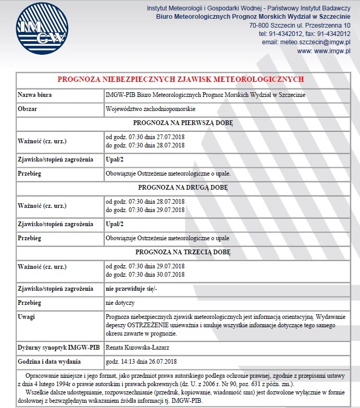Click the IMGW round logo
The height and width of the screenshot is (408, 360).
[41, 29]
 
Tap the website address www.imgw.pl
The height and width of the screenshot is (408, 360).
[331, 51]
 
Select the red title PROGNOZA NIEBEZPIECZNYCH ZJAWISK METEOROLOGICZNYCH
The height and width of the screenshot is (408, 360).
[180, 79]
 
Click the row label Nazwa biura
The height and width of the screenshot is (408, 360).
[35, 95]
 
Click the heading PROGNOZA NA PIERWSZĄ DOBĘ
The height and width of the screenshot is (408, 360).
[183, 124]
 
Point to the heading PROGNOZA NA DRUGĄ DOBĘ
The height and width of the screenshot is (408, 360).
[183, 187]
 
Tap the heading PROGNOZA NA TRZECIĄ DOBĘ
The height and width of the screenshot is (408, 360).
[182, 252]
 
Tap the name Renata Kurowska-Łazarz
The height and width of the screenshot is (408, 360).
[138, 347]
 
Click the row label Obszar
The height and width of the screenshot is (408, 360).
[28, 109]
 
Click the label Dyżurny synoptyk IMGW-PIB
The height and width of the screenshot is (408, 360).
[53, 347]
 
